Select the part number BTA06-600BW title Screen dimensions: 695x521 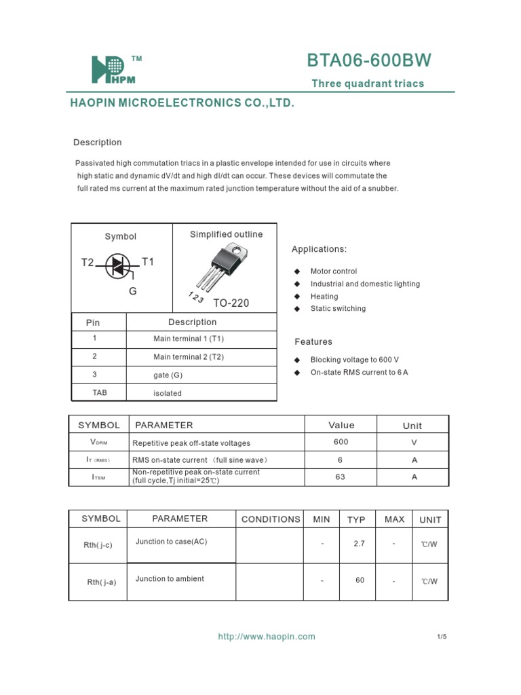(368, 61)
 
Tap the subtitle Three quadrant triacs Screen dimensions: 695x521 (368, 83)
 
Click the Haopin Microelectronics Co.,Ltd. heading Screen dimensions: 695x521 (182, 104)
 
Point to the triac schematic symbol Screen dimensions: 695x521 (119, 267)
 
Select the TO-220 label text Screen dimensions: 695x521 (231, 303)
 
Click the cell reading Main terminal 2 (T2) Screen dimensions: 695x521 (189, 356)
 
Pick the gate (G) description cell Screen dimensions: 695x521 (168, 375)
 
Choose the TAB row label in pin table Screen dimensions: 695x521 (99, 392)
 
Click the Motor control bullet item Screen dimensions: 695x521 (333, 271)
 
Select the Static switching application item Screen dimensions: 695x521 (338, 308)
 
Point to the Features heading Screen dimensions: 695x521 (313, 342)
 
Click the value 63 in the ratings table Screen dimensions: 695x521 (341, 477)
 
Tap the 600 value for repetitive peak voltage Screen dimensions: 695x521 (341, 442)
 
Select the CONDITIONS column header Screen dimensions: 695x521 (271, 519)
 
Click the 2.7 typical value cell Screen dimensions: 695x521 (360, 544)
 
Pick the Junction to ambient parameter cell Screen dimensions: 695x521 (170, 579)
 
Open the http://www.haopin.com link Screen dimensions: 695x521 (267, 637)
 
